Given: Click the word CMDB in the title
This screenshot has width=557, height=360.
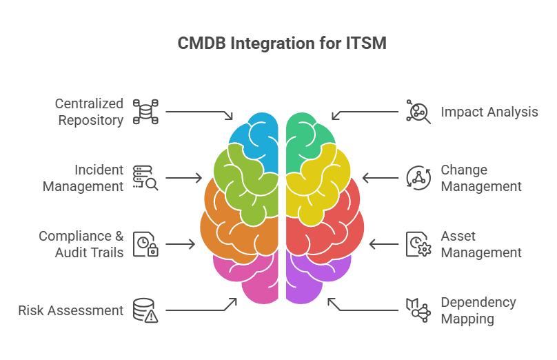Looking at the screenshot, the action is tap(201, 43).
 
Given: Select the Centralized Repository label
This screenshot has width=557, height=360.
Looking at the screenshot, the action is tap(89, 112).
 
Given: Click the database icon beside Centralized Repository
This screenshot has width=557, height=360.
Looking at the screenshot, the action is tap(145, 112).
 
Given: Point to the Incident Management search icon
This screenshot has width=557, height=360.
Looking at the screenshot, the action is tap(145, 178).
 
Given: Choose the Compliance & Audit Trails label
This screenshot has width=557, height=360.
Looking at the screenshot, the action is tap(81, 244).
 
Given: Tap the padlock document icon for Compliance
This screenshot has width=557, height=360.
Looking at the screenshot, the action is tap(145, 244).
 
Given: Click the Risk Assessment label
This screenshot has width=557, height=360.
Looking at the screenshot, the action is tap(71, 310).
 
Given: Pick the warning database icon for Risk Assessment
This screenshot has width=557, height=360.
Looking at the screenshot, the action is tap(145, 310).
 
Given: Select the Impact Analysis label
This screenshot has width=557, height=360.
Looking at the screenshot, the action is tap(489, 112).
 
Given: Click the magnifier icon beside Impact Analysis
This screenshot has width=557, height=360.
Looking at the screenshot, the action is tap(418, 112).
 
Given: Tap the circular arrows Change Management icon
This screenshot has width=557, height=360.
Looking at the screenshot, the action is tap(418, 178).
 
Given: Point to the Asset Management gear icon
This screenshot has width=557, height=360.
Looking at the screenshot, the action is tap(418, 244).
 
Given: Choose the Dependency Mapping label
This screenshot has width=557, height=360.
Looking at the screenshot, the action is tap(478, 310).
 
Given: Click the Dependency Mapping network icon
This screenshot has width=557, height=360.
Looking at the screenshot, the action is tap(418, 310).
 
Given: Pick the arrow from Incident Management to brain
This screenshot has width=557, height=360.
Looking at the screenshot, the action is tap(183, 178).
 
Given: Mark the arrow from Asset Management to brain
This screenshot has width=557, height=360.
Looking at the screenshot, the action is tap(384, 244).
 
